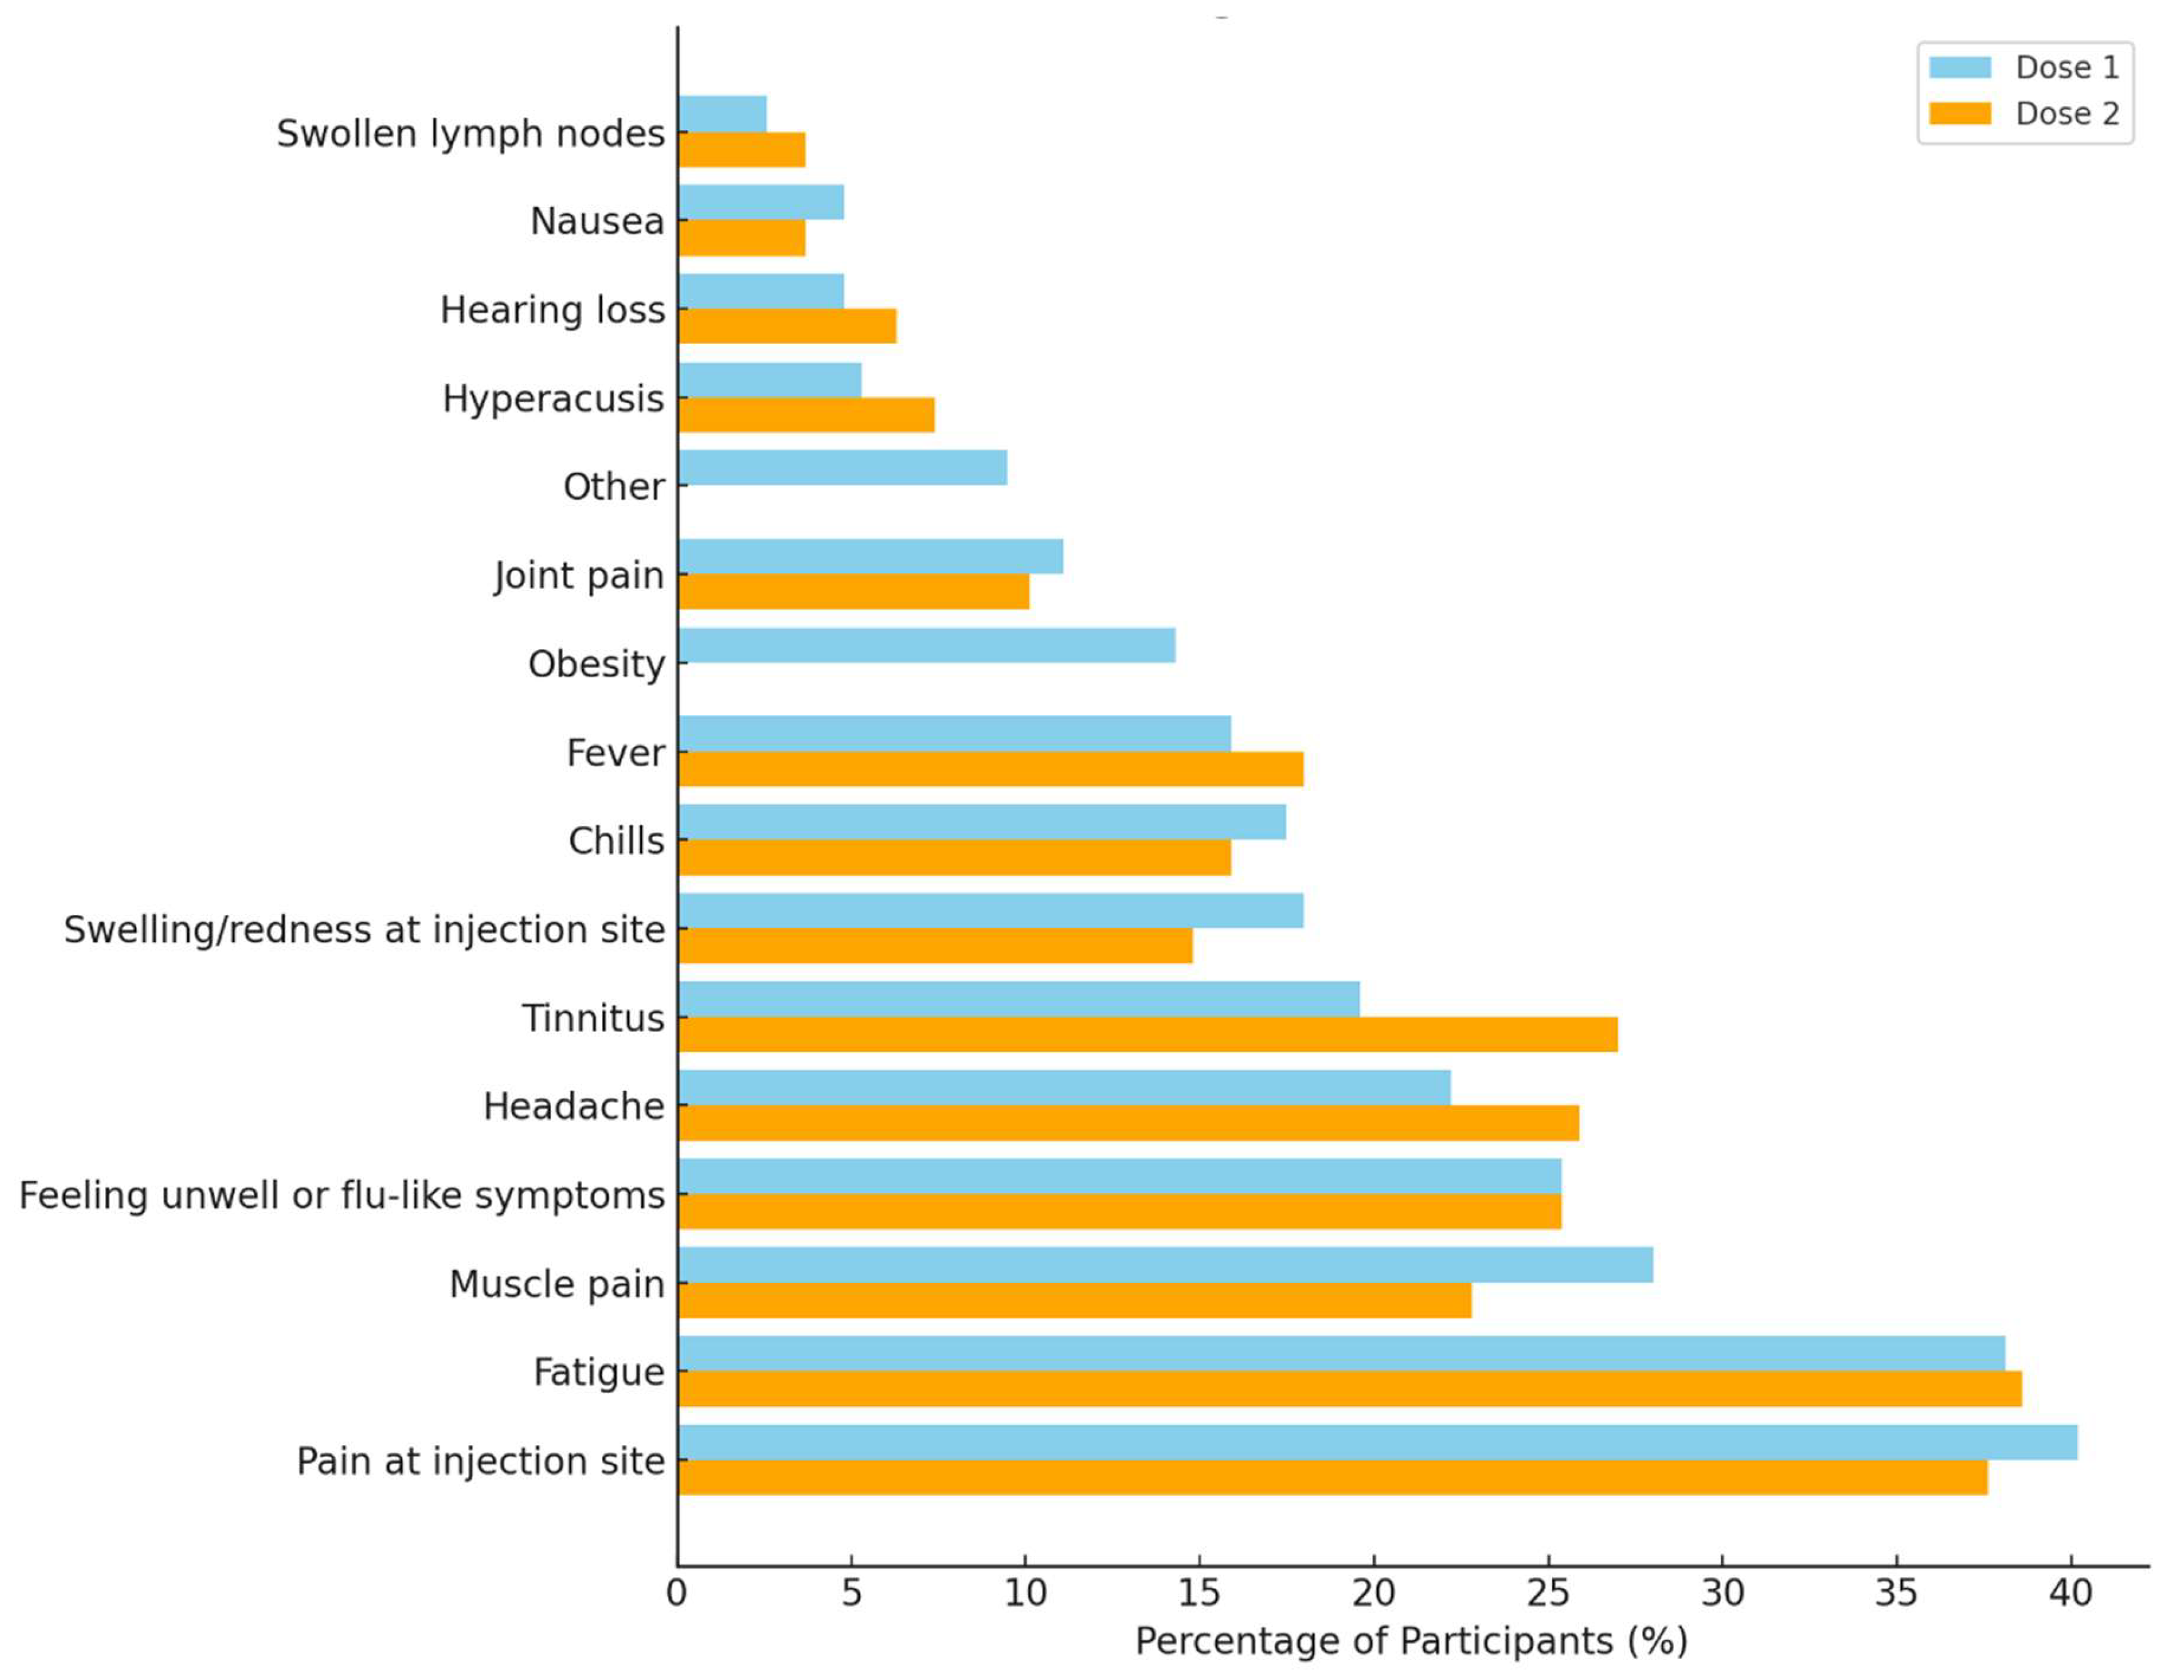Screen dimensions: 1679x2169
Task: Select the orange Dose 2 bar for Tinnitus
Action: tap(1147, 1034)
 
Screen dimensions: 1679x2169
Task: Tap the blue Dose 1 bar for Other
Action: tap(842, 468)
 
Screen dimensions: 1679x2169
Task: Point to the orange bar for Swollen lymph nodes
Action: tap(741, 150)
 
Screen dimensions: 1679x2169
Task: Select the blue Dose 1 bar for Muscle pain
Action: tap(1165, 1265)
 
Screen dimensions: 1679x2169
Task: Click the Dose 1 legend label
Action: tap(2066, 67)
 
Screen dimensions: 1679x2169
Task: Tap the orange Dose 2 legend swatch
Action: tap(1960, 113)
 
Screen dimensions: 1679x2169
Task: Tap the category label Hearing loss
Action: tap(552, 310)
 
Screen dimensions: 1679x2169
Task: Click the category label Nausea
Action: tap(597, 221)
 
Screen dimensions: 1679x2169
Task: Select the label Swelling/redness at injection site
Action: tap(364, 929)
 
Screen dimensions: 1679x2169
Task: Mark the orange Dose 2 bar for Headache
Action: tap(1128, 1123)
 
